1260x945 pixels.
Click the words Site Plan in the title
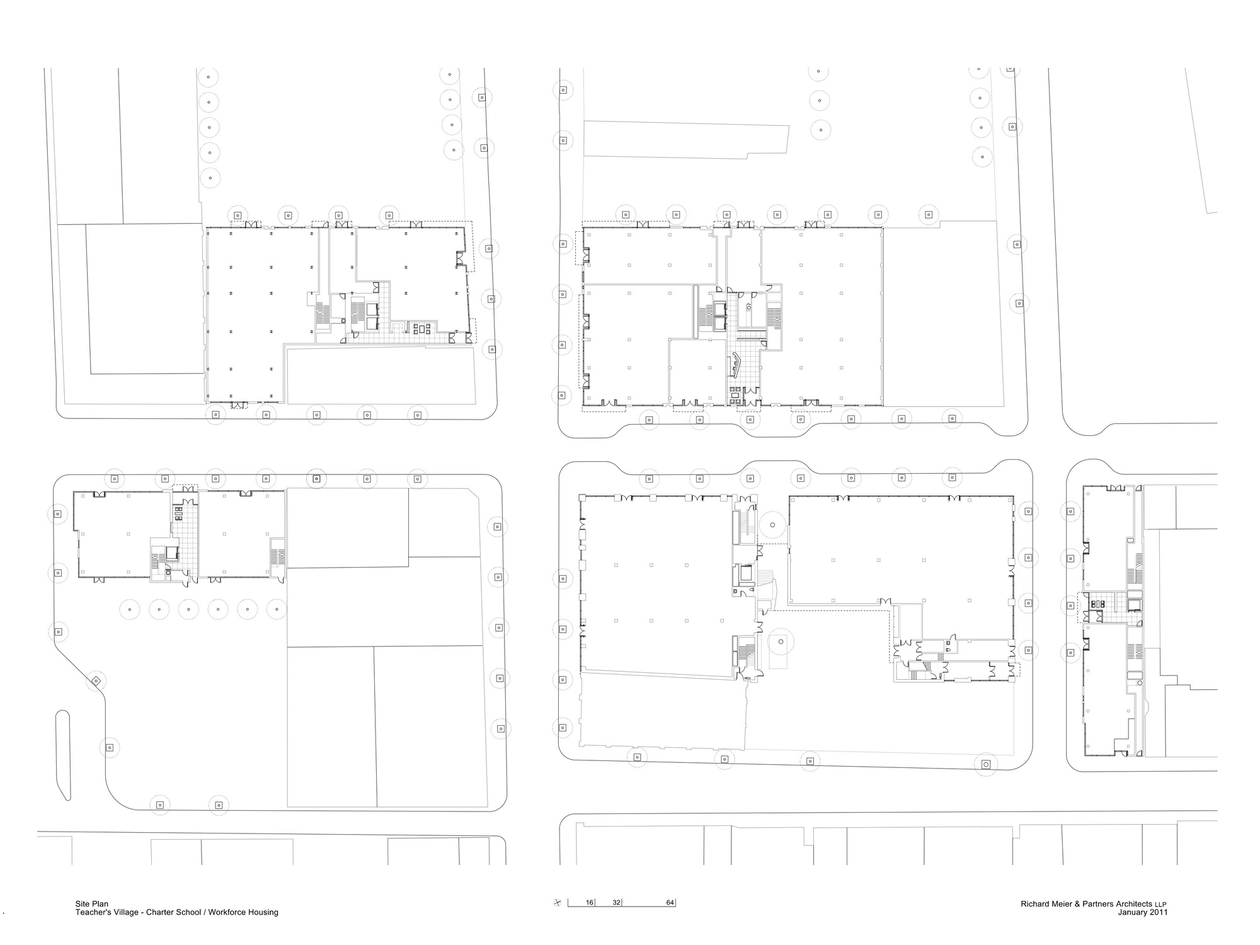91,904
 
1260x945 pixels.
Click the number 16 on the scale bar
590,902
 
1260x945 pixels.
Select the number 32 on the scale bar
617,902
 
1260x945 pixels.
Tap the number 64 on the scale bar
670,902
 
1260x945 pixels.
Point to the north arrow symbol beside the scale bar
557,902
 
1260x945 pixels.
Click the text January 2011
1143,912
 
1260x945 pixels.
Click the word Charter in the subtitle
161,912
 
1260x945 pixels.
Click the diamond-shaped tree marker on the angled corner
96,680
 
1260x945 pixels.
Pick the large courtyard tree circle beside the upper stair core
771,524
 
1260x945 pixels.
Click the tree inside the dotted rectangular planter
781,642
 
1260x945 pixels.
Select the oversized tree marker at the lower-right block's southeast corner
986,764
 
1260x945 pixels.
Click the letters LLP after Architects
1160,905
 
